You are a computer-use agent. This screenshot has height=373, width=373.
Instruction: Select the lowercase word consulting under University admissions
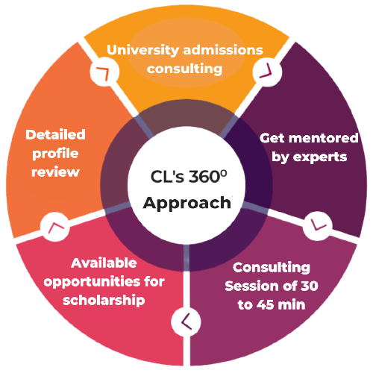pyautogui.click(x=185, y=69)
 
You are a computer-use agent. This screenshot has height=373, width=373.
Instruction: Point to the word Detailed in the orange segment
pyautogui.click(x=55, y=135)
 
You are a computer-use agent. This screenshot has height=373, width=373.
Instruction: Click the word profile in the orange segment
pyautogui.click(x=55, y=154)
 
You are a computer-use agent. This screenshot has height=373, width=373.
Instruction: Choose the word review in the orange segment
pyautogui.click(x=55, y=172)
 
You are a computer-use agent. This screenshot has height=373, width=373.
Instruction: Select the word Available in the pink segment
pyautogui.click(x=104, y=263)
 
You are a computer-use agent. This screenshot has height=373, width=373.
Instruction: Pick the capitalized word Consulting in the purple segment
pyautogui.click(x=269, y=267)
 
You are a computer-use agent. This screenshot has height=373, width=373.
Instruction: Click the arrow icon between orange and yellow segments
pyautogui.click(x=101, y=72)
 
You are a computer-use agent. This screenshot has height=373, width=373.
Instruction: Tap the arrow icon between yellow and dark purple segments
pyautogui.click(x=265, y=72)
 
